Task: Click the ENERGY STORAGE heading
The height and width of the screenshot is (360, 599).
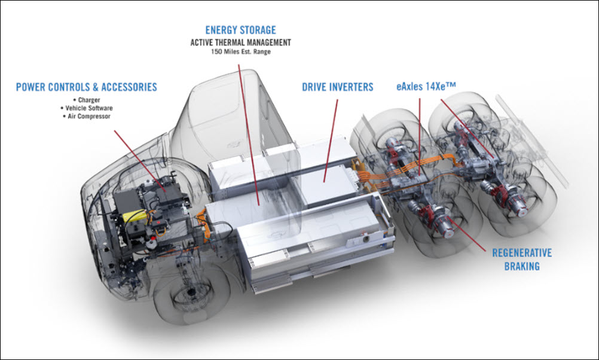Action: pos(240,30)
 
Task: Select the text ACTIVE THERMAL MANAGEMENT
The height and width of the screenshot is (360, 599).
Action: pos(240,42)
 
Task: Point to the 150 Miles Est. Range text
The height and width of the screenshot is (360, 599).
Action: pos(240,52)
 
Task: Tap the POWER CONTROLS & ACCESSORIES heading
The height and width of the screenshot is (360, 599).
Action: pos(86,87)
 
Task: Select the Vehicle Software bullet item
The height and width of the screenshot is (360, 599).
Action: pos(87,108)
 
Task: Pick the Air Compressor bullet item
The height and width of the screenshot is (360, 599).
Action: pos(87,117)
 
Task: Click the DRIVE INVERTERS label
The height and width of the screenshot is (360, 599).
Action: pos(337,87)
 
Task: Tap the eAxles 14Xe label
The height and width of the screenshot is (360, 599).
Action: pos(426,87)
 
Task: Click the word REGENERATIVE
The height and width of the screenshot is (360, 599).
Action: pos(522,253)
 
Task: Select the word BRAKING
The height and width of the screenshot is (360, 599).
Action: pos(522,266)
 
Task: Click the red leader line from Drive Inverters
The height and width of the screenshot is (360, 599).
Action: pos(331,138)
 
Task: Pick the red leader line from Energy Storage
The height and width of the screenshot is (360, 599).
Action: pos(249,132)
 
